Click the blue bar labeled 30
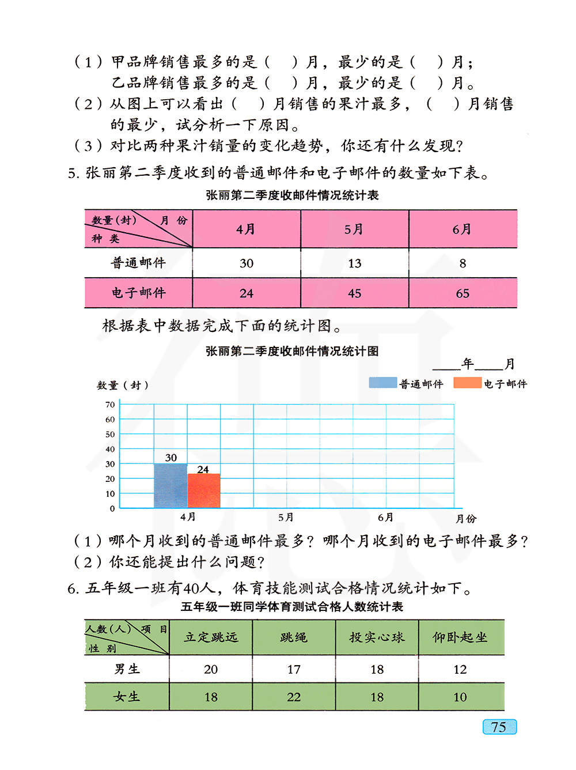(x=170, y=486)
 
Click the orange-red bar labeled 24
(x=204, y=491)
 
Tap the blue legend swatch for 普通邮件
(x=383, y=383)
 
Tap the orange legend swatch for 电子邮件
(x=467, y=383)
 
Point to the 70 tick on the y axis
(x=110, y=405)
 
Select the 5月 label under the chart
(x=286, y=518)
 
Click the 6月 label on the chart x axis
(x=385, y=518)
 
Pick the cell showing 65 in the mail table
(x=463, y=293)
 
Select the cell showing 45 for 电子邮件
(x=354, y=293)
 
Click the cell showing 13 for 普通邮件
(x=354, y=263)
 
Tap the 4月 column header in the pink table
(x=246, y=229)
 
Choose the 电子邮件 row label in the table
(x=138, y=293)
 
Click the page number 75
(x=499, y=727)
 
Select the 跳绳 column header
(x=294, y=637)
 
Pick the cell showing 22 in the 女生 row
(x=294, y=697)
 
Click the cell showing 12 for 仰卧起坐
(x=460, y=669)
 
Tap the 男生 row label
(x=127, y=669)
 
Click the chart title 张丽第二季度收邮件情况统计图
(x=292, y=351)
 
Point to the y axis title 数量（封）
(x=123, y=385)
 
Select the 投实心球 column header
(x=377, y=637)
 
